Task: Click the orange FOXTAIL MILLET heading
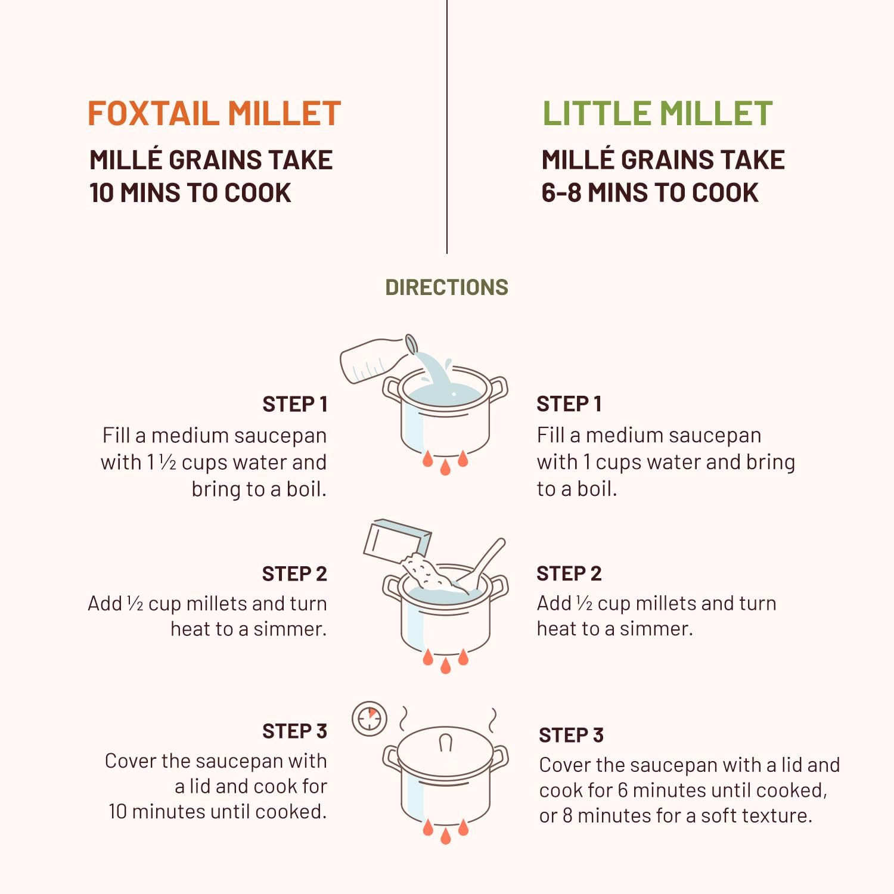click(x=214, y=113)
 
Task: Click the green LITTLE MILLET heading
click(x=657, y=113)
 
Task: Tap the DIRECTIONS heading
click(x=446, y=287)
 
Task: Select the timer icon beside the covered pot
click(x=370, y=719)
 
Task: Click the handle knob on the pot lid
click(x=445, y=743)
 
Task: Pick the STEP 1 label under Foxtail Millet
click(x=295, y=405)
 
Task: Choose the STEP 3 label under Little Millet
click(x=572, y=735)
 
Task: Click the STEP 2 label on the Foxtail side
click(x=294, y=574)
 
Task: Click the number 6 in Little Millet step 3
click(x=623, y=790)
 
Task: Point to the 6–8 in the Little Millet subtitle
click(x=561, y=193)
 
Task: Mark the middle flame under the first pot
click(x=445, y=467)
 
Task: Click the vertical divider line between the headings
click(x=447, y=126)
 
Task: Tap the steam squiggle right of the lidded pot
click(x=493, y=721)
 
